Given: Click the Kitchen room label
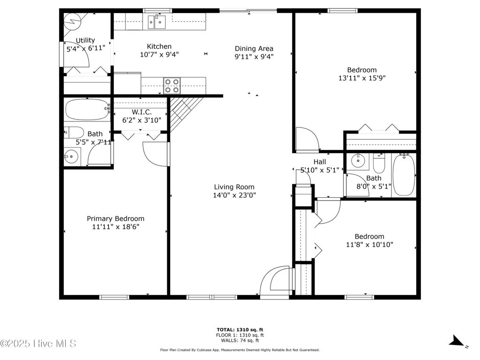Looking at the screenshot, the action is click(159, 46).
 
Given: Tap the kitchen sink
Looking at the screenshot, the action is click(157, 22).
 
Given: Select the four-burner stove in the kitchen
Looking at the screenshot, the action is click(172, 86).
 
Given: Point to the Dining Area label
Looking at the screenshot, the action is click(254, 48).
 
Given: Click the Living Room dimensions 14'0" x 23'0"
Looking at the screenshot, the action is click(234, 195).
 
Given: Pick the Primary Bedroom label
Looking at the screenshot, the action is click(115, 218).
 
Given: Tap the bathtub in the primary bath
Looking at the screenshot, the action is click(88, 109).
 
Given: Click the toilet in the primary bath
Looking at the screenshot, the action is click(74, 133).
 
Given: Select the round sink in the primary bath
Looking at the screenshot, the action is click(72, 157).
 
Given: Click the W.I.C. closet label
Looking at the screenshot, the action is click(142, 112).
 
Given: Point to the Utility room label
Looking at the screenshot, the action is click(85, 40).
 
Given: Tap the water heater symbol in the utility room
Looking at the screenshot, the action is click(72, 22).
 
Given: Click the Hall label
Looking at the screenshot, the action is click(320, 162).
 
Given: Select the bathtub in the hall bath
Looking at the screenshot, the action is click(404, 175).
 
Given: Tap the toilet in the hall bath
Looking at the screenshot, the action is click(379, 163).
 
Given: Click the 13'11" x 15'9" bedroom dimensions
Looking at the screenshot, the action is click(362, 78).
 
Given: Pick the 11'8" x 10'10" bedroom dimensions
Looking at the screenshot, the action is click(369, 245).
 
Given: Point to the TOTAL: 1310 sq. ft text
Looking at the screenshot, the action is click(240, 330).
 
